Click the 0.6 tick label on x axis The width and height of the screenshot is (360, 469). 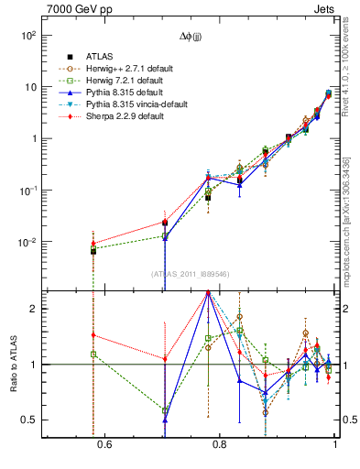pyautogui.click(x=104, y=446)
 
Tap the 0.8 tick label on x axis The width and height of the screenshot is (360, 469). pyautogui.click(x=220, y=446)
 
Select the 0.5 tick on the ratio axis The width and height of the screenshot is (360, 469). pyautogui.click(x=29, y=420)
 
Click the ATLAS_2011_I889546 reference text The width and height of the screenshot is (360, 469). pyautogui.click(x=191, y=274)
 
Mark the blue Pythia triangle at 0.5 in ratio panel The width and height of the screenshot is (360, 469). pyautogui.click(x=165, y=420)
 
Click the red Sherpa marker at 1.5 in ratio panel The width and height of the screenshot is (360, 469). pyautogui.click(x=93, y=335)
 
